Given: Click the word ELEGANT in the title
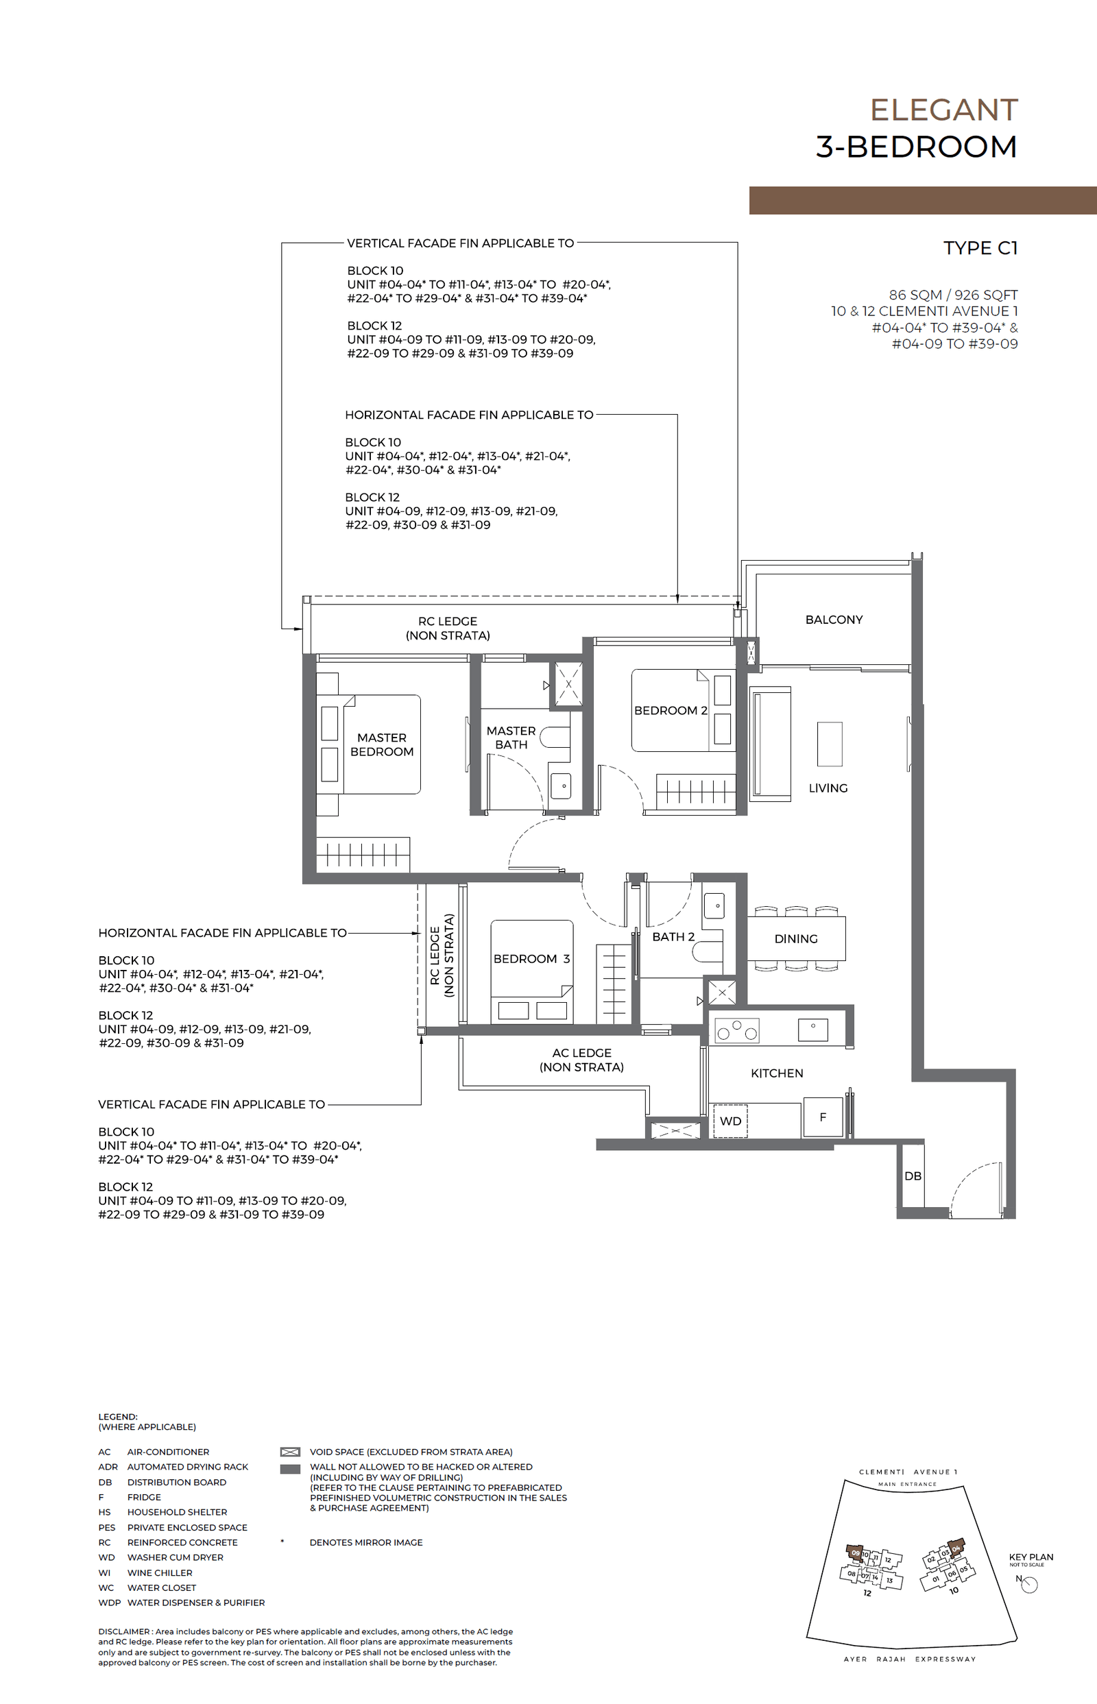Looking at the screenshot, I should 944,110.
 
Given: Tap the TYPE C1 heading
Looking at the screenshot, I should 980,248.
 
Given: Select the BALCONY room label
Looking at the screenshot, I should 834,620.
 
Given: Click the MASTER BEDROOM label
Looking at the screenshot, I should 382,745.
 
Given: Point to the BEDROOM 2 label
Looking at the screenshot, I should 671,711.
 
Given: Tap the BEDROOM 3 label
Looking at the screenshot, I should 531,959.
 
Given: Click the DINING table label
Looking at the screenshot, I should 796,939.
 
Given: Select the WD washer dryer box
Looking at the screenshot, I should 730,1121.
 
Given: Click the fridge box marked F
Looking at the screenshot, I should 823,1117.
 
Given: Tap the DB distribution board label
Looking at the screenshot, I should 913,1176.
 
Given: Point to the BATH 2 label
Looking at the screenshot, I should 673,937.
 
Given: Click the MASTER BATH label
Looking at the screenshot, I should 511,738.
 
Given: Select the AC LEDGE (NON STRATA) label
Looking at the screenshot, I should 581,1060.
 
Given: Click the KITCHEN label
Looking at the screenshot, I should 776,1073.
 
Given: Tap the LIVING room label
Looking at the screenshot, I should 828,788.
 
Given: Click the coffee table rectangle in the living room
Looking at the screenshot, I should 829,744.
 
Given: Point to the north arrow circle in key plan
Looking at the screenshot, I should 1030,1585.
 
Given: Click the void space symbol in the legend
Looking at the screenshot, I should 290,1452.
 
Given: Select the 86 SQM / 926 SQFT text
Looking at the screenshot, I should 952,295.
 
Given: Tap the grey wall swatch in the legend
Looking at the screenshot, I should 290,1468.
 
